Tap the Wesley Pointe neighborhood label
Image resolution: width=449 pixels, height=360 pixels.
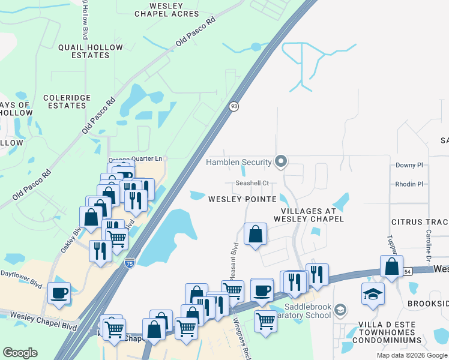243,199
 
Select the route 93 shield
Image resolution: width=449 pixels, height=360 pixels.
234,106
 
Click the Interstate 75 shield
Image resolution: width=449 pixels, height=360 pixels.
130,262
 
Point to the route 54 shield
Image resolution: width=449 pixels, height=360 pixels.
408,271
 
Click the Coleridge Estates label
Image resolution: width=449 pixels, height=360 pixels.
67,101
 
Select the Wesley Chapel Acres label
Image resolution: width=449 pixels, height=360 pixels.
166,9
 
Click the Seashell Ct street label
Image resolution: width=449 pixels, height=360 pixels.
252,184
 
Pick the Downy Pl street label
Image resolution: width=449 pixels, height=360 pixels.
409,165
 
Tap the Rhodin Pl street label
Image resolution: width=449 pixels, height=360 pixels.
409,184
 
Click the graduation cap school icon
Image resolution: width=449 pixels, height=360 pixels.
373,294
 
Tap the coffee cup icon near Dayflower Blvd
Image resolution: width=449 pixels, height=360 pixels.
59,293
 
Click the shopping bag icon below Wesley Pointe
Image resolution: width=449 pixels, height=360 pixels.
256,234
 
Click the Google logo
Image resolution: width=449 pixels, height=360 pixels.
20,353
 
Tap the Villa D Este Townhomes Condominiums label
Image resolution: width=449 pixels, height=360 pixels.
387,335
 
